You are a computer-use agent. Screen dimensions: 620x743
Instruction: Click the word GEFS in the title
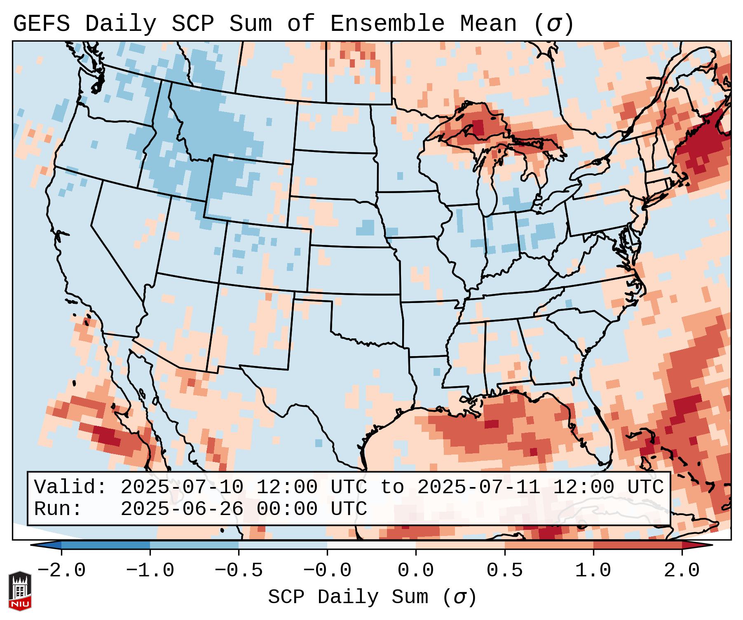click(41, 24)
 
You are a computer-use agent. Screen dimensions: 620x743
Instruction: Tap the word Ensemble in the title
click(387, 24)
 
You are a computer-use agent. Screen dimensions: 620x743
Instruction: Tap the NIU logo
click(20, 591)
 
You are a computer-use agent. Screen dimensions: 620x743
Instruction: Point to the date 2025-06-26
click(182, 509)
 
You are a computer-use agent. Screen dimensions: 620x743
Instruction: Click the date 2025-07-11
click(478, 487)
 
